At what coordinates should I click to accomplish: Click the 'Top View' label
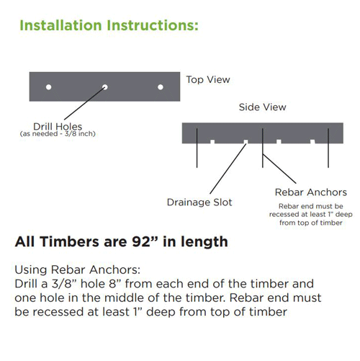pyautogui.click(x=208, y=79)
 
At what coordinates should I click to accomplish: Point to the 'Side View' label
pyautogui.click(x=262, y=107)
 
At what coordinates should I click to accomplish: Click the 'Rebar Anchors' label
pyautogui.click(x=311, y=192)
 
